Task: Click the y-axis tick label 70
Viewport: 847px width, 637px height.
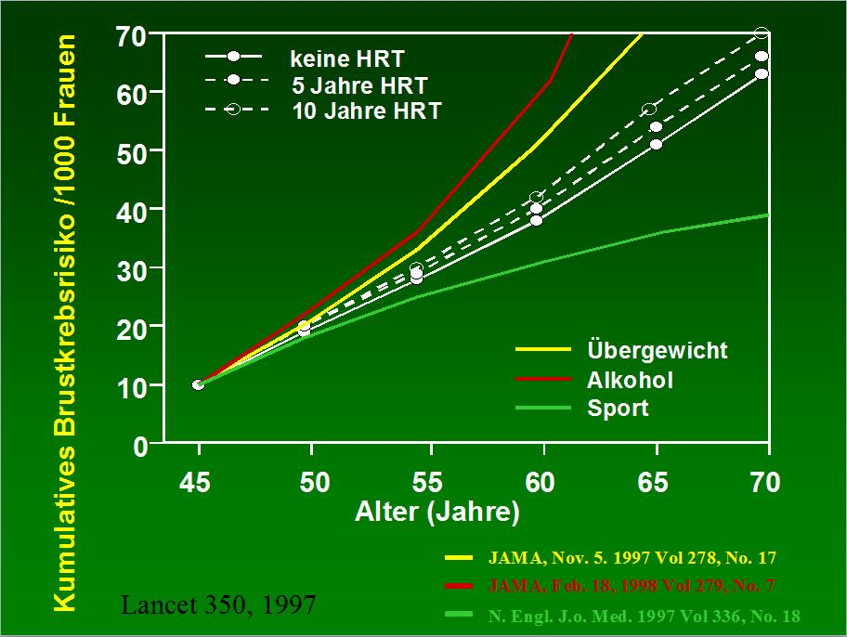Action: pos(133,36)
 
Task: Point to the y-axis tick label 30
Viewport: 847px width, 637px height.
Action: pos(133,268)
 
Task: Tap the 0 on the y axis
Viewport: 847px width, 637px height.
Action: pos(140,447)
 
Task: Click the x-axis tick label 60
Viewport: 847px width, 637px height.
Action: pos(541,483)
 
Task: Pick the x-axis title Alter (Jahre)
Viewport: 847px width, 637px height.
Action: pos(437,512)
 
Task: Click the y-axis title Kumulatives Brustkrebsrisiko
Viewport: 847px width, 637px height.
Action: pos(64,325)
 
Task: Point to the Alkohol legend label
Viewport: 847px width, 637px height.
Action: pos(630,379)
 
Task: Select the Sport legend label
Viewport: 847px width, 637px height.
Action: pos(618,408)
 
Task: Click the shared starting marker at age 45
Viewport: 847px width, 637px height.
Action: pos(199,384)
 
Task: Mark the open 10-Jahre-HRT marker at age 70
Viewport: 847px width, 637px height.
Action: pos(762,33)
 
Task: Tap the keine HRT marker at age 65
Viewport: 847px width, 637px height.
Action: pos(656,144)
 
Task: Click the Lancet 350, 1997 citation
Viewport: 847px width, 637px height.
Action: pos(219,605)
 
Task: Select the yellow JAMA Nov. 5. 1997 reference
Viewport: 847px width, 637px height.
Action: pos(632,558)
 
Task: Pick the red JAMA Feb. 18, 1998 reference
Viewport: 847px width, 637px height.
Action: pos(632,586)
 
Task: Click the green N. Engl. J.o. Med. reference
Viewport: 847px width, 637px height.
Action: pos(644,616)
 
